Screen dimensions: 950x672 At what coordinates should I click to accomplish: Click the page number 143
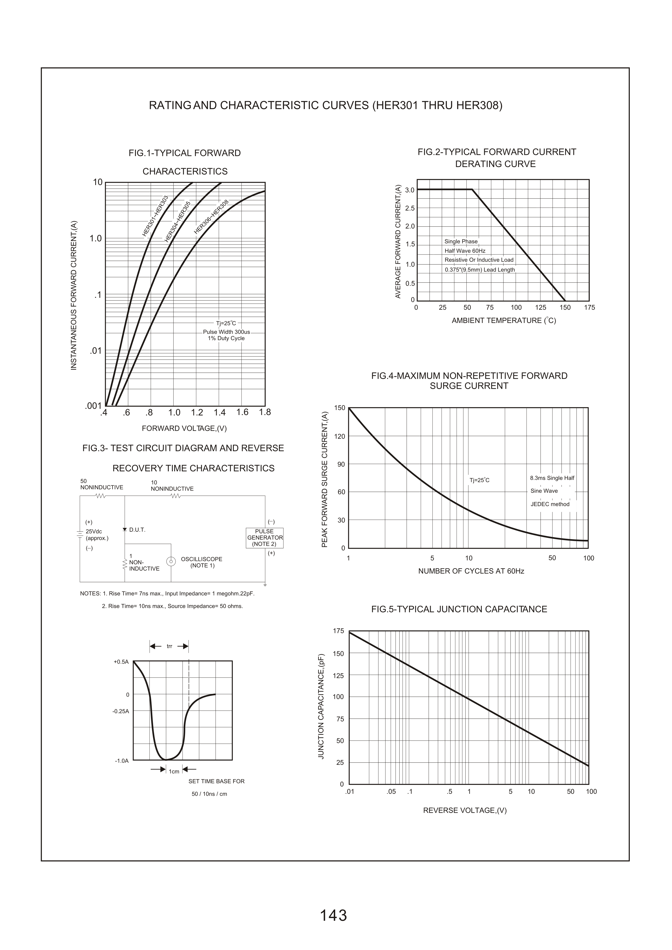tap(333, 904)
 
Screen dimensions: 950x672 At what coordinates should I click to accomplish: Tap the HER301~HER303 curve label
tap(155, 216)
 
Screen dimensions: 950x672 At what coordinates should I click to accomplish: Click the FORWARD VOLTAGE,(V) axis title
tap(184, 428)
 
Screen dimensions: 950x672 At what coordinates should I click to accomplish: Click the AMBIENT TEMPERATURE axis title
tap(503, 321)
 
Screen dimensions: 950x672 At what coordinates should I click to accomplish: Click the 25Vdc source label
tap(94, 531)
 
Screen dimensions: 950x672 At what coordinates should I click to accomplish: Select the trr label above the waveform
tap(169, 646)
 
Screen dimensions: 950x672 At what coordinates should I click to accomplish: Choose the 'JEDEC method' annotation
tap(550, 504)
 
